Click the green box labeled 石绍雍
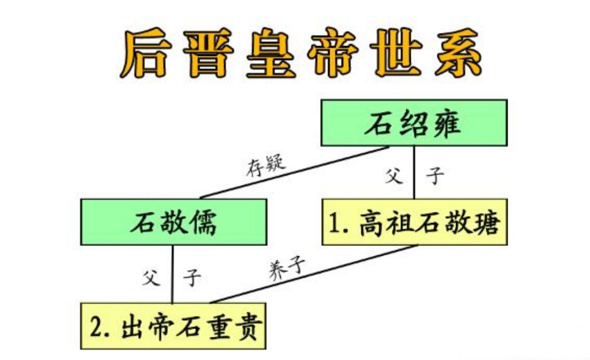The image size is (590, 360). click(x=414, y=123)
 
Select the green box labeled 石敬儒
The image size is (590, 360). click(x=173, y=222)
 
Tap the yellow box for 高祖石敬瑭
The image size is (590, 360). click(x=414, y=222)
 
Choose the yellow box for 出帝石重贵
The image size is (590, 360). click(x=173, y=325)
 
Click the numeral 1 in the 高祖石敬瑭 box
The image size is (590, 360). click(x=335, y=223)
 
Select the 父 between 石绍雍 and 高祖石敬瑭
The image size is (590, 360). click(x=394, y=175)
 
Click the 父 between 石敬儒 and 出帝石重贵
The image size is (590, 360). click(x=150, y=278)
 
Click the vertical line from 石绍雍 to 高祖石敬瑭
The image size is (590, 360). click(x=414, y=173)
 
